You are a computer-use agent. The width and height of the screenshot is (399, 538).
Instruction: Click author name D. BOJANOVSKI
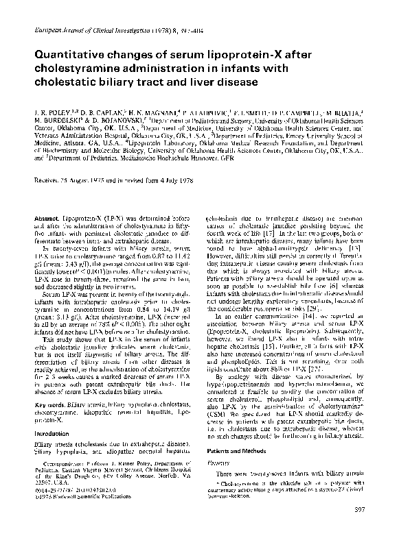coord(121,119)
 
